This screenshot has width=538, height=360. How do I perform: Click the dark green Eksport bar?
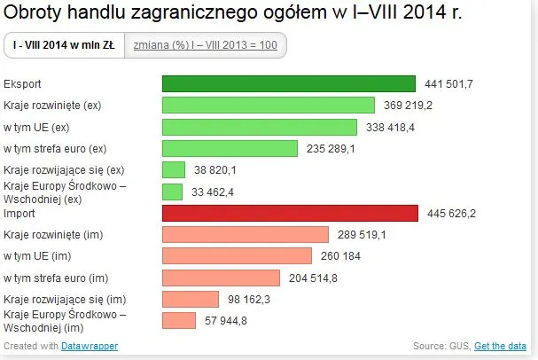point(288,83)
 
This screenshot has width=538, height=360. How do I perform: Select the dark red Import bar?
point(290,213)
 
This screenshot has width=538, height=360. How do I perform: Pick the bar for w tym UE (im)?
point(237,256)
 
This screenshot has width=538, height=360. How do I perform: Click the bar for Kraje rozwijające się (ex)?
point(174,169)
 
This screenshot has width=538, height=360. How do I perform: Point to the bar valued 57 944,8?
point(178,320)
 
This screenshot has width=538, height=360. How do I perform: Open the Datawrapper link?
point(90,346)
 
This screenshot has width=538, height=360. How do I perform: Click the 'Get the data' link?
point(501,346)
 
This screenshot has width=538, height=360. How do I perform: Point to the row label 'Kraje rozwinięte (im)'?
point(53,235)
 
